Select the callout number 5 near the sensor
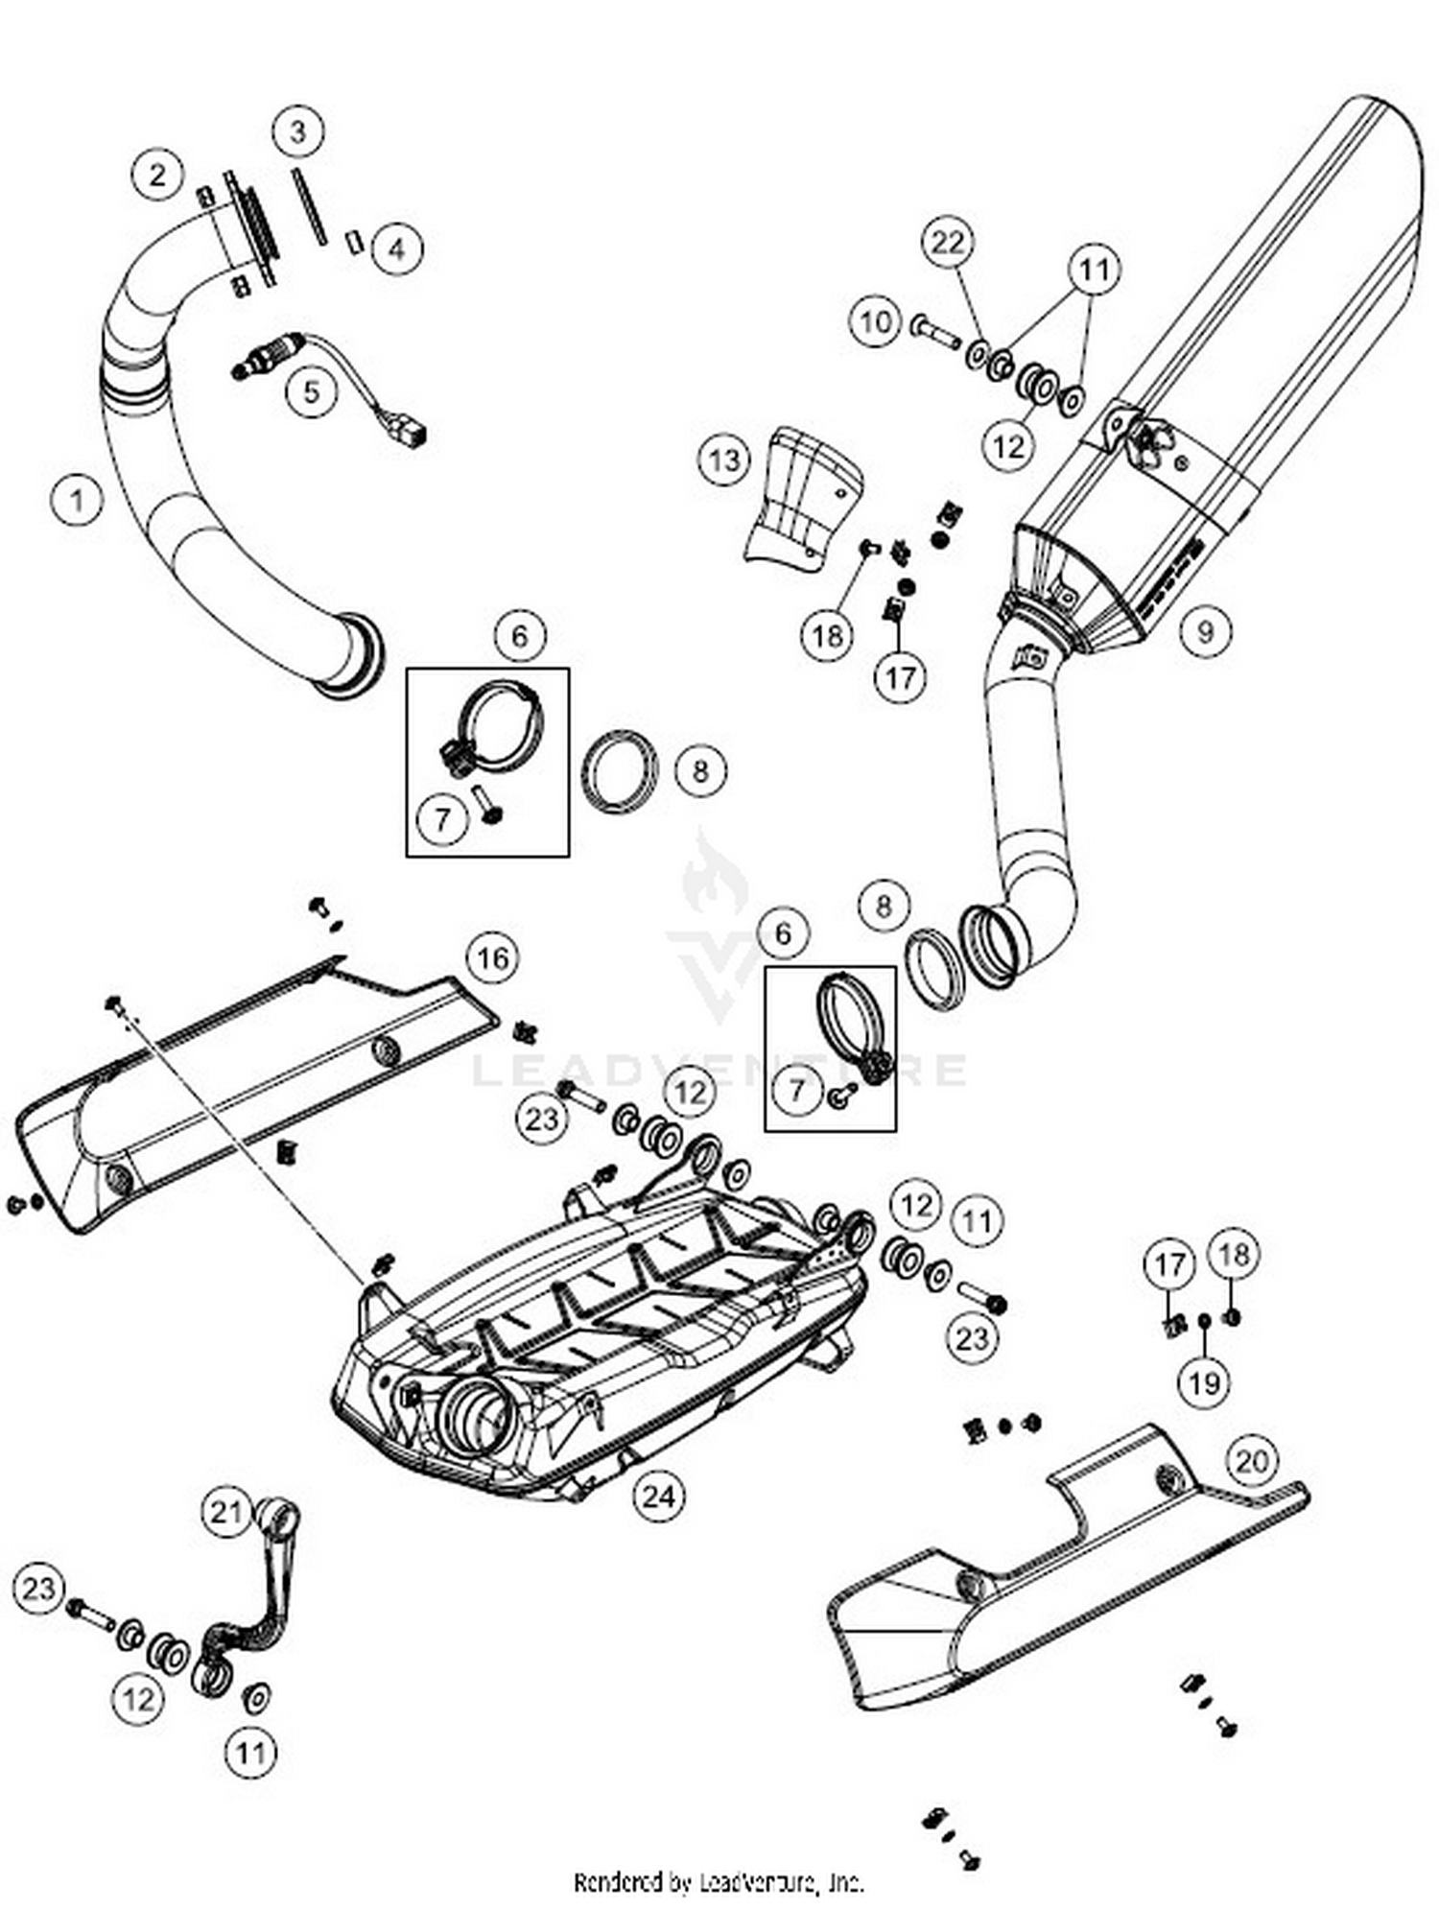coord(312,391)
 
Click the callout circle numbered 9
coord(1205,630)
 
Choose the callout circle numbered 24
coord(659,1496)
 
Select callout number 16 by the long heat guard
coord(493,957)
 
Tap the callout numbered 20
coord(1252,1461)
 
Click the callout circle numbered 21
coord(227,1513)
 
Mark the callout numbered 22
coord(948,243)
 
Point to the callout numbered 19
coord(1205,1382)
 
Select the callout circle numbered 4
coord(396,249)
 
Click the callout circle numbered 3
coord(298,130)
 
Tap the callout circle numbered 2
coord(157,175)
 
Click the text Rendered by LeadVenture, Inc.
coord(719,1882)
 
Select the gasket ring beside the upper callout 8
coord(622,772)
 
